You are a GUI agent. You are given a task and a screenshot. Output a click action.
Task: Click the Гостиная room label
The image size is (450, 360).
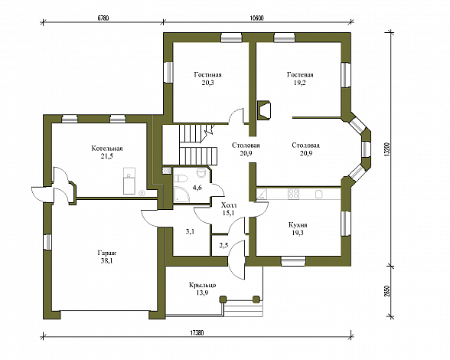[207, 75]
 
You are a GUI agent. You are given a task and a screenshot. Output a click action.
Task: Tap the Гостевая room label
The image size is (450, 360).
[300, 75]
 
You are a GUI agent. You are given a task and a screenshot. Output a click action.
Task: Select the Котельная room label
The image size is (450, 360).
[107, 149]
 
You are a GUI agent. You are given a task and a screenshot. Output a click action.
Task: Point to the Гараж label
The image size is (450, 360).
[107, 254]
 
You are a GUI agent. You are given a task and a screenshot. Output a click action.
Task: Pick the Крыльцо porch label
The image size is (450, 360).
[202, 286]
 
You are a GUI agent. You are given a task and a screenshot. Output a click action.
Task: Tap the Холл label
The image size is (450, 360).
[229, 205]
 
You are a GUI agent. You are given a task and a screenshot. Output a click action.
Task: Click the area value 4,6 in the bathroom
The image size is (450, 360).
[197, 188]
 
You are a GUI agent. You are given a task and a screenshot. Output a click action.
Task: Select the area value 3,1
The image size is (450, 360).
[191, 231]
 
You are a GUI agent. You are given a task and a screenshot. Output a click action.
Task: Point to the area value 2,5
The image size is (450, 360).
[223, 245]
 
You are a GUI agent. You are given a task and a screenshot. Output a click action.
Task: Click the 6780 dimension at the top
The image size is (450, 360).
[103, 18]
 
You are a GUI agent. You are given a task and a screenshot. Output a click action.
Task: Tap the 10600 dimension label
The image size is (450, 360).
[257, 18]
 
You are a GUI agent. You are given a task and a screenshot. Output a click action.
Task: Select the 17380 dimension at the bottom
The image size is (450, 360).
[197, 333]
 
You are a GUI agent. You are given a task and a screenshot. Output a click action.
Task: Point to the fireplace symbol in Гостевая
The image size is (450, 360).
[264, 110]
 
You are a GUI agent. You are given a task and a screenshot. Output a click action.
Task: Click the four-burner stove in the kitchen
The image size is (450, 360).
[293, 194]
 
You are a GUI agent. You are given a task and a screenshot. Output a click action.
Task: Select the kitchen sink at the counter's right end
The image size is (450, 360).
[318, 195]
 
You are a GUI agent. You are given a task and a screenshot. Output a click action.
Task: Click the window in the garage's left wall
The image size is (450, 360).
[47, 242]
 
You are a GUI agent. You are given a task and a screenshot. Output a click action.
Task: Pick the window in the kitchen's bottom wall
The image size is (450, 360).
[292, 261]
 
